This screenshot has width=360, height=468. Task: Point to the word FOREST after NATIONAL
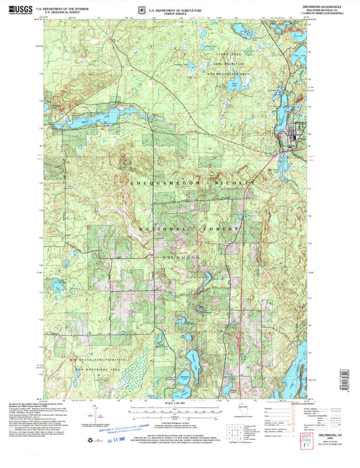(x=226, y=230)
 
